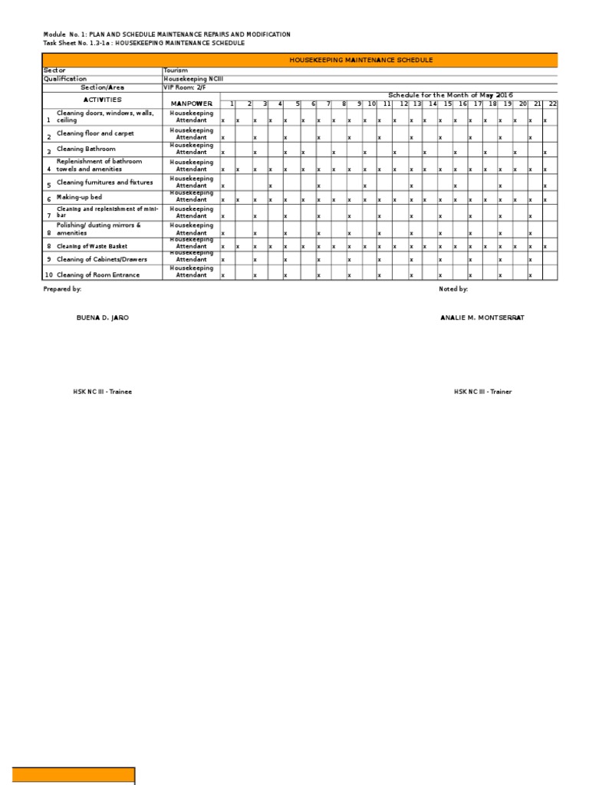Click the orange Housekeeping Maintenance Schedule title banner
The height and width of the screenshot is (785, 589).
pos(360,60)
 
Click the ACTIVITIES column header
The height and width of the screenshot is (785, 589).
pos(102,100)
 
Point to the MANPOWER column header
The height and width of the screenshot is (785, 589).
pos(191,103)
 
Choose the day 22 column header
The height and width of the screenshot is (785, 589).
pos(552,103)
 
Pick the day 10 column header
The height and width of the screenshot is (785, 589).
pos(371,103)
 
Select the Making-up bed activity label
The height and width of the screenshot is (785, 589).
pos(79,198)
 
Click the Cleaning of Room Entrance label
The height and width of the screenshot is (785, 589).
pos(98,274)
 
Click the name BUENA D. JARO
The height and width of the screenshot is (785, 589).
pos(97,317)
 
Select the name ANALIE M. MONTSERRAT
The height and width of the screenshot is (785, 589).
pos(482,317)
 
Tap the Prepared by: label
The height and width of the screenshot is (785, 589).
pos(62,289)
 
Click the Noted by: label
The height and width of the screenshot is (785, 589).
pos(453,289)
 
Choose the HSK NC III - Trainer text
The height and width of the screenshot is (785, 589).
pos(482,392)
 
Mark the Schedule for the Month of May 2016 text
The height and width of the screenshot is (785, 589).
pos(449,94)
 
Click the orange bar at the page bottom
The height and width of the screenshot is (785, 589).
pos(74,775)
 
